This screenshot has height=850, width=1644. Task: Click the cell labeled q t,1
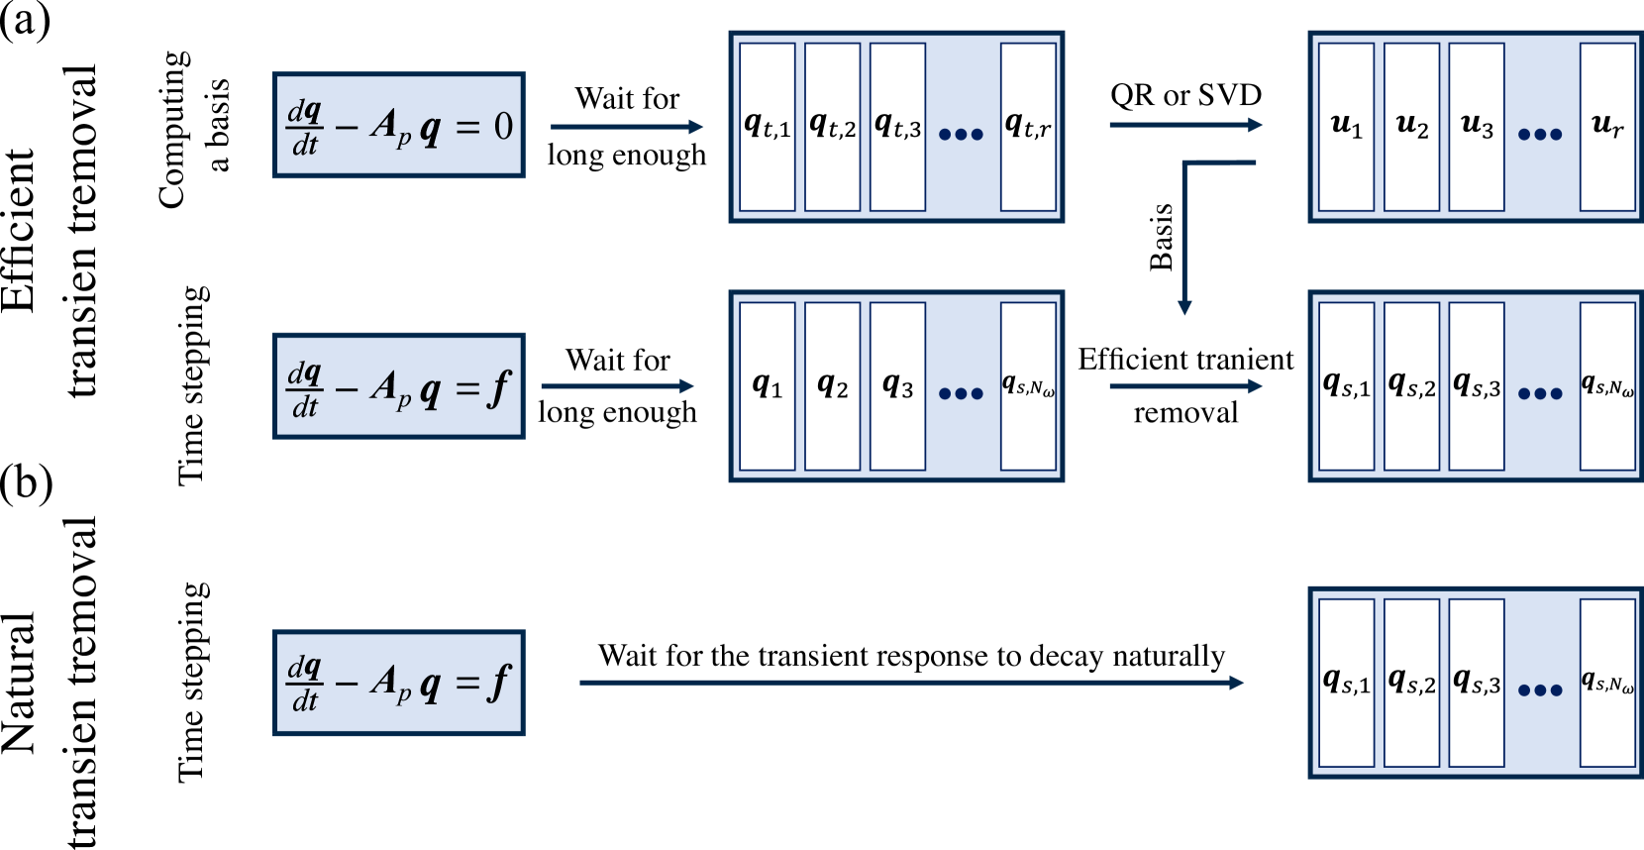point(768,127)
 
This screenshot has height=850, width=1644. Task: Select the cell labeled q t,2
point(832,127)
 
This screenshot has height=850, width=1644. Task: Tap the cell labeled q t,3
point(897,127)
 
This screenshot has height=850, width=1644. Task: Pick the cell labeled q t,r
point(1028,127)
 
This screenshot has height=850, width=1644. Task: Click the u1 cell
point(1346,127)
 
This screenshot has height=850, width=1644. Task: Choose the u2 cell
point(1411,127)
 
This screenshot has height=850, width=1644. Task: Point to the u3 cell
point(1477,127)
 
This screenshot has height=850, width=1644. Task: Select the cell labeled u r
point(1607,127)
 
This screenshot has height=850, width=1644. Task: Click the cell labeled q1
point(768,386)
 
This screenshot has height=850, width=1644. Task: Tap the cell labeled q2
point(832,386)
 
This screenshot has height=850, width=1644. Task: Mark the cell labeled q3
point(897,386)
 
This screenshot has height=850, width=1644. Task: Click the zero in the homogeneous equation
point(503,127)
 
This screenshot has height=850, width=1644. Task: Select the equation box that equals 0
point(399,126)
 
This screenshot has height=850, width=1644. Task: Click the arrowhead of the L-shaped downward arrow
point(1184,307)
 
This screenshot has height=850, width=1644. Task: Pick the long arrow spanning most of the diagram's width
point(911,683)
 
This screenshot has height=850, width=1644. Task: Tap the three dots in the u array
point(1540,134)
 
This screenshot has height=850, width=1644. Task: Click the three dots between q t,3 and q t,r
point(961,134)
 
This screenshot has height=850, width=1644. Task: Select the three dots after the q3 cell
point(961,393)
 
